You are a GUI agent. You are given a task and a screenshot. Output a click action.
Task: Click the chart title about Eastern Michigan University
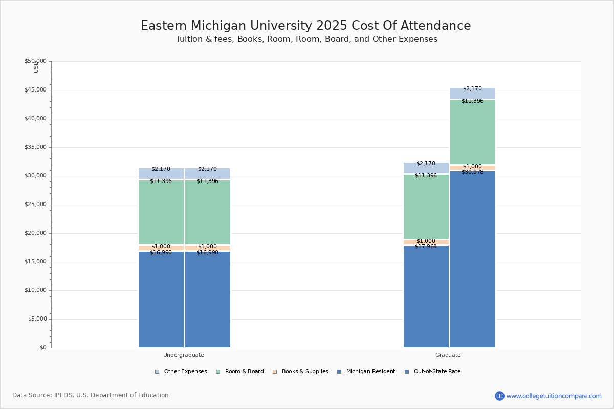(305, 26)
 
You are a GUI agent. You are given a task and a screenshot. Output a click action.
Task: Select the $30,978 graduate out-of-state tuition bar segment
(473, 261)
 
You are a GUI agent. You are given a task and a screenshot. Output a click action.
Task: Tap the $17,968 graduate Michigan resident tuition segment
(426, 297)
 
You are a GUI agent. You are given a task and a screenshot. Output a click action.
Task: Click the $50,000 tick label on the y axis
(35, 61)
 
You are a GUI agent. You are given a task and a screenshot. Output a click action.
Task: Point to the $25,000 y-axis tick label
(35, 204)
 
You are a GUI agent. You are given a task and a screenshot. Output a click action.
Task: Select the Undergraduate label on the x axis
(183, 355)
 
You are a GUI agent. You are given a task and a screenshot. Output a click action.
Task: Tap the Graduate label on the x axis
(448, 355)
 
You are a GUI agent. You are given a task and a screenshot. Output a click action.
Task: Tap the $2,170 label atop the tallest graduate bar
(472, 89)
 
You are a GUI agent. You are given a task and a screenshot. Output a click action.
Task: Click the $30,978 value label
(472, 172)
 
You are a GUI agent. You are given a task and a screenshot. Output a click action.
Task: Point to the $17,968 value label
(426, 247)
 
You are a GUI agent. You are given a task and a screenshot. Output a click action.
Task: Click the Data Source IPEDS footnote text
(91, 395)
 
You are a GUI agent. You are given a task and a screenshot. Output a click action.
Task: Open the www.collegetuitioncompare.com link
(554, 396)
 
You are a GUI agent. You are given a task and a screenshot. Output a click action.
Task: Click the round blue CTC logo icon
(499, 396)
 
